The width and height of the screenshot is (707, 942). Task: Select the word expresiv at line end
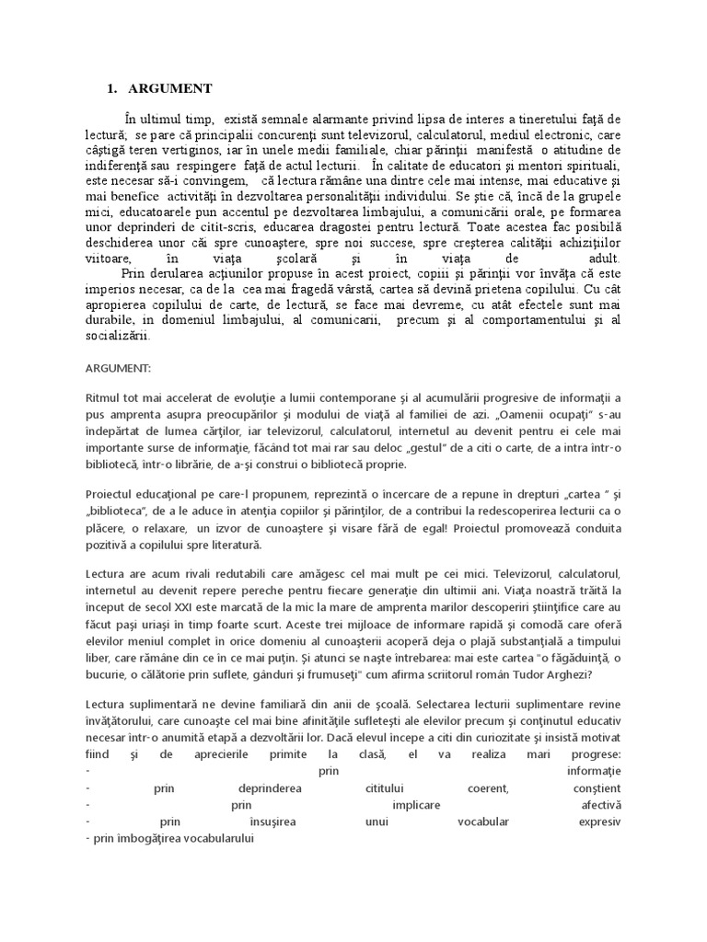coord(599,822)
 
